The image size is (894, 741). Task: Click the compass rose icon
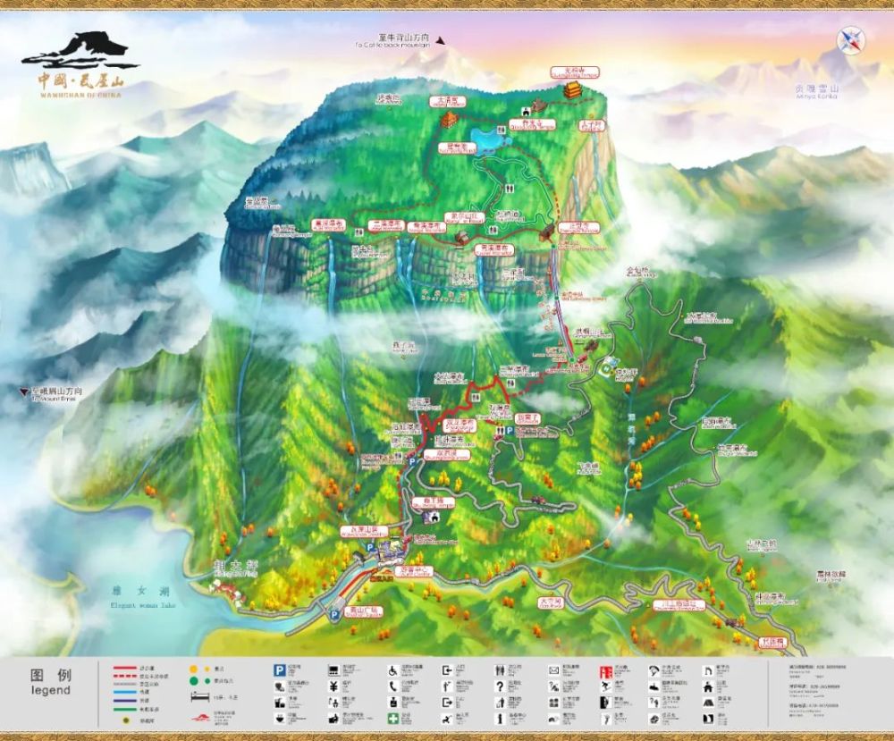coord(849,39)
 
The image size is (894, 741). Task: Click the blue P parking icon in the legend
coord(279,669)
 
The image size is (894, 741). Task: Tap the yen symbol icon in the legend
coord(333,686)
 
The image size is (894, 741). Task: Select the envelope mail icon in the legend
coord(553,669)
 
